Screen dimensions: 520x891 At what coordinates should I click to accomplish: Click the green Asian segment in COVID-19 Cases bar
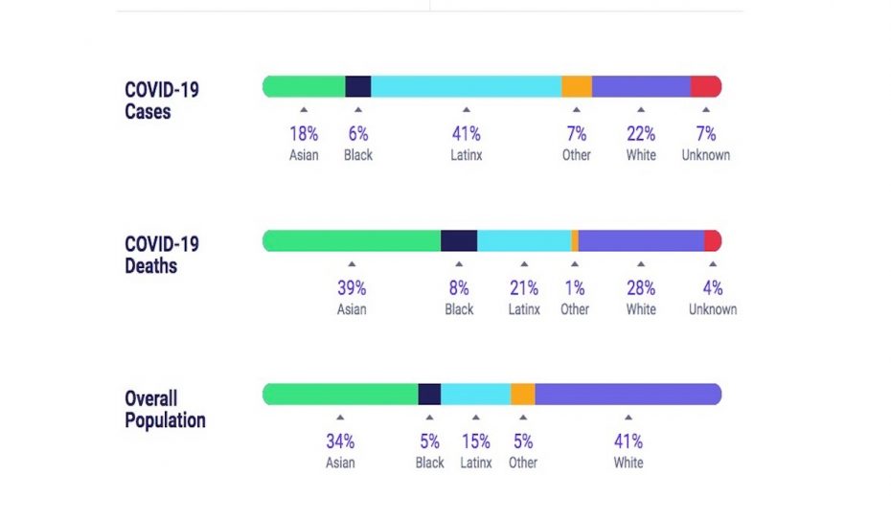304,86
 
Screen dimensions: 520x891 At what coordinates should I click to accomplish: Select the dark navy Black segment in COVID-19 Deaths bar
459,240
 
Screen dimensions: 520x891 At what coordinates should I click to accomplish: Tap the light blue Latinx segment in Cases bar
466,86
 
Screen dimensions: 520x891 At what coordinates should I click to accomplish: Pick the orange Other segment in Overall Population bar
523,395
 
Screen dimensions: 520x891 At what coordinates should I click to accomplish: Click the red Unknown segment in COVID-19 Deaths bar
712,240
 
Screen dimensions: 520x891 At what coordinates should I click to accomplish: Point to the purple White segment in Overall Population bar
628,395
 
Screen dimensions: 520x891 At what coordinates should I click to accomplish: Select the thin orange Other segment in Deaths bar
575,240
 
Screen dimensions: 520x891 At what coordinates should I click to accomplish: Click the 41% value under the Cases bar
466,134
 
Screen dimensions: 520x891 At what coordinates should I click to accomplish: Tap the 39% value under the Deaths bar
352,288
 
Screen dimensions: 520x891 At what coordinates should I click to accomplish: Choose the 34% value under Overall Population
340,441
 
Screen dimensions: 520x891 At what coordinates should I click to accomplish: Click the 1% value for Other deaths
575,288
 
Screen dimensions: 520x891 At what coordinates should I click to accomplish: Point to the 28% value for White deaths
641,288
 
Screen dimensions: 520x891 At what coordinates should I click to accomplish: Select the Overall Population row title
165,409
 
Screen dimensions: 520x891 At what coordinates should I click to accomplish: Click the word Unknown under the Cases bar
706,155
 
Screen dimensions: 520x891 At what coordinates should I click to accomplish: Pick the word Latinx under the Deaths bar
524,309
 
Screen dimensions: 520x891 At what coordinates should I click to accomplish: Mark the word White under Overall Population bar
628,463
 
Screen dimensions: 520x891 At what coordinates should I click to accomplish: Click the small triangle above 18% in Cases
304,110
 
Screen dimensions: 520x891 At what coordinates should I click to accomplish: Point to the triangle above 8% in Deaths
459,264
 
